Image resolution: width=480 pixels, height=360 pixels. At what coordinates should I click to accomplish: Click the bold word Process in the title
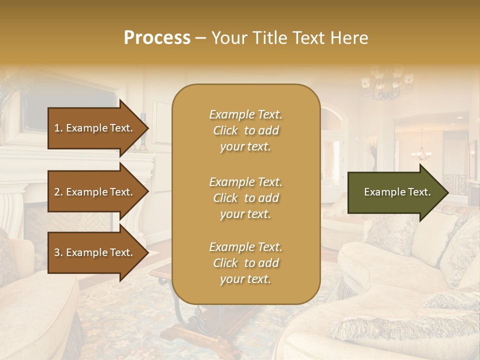pyautogui.click(x=157, y=38)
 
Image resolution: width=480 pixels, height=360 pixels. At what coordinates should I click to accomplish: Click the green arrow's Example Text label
pyautogui.click(x=397, y=192)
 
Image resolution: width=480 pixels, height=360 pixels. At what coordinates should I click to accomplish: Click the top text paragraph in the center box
pyautogui.click(x=245, y=130)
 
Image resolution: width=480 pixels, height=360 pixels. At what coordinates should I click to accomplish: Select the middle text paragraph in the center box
pyautogui.click(x=245, y=198)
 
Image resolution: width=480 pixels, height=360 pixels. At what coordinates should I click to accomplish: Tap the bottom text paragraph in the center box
pyautogui.click(x=245, y=263)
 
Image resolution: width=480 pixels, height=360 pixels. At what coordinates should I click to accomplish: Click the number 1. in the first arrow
pyautogui.click(x=58, y=128)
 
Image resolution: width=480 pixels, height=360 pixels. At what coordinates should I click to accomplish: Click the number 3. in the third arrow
pyautogui.click(x=58, y=252)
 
